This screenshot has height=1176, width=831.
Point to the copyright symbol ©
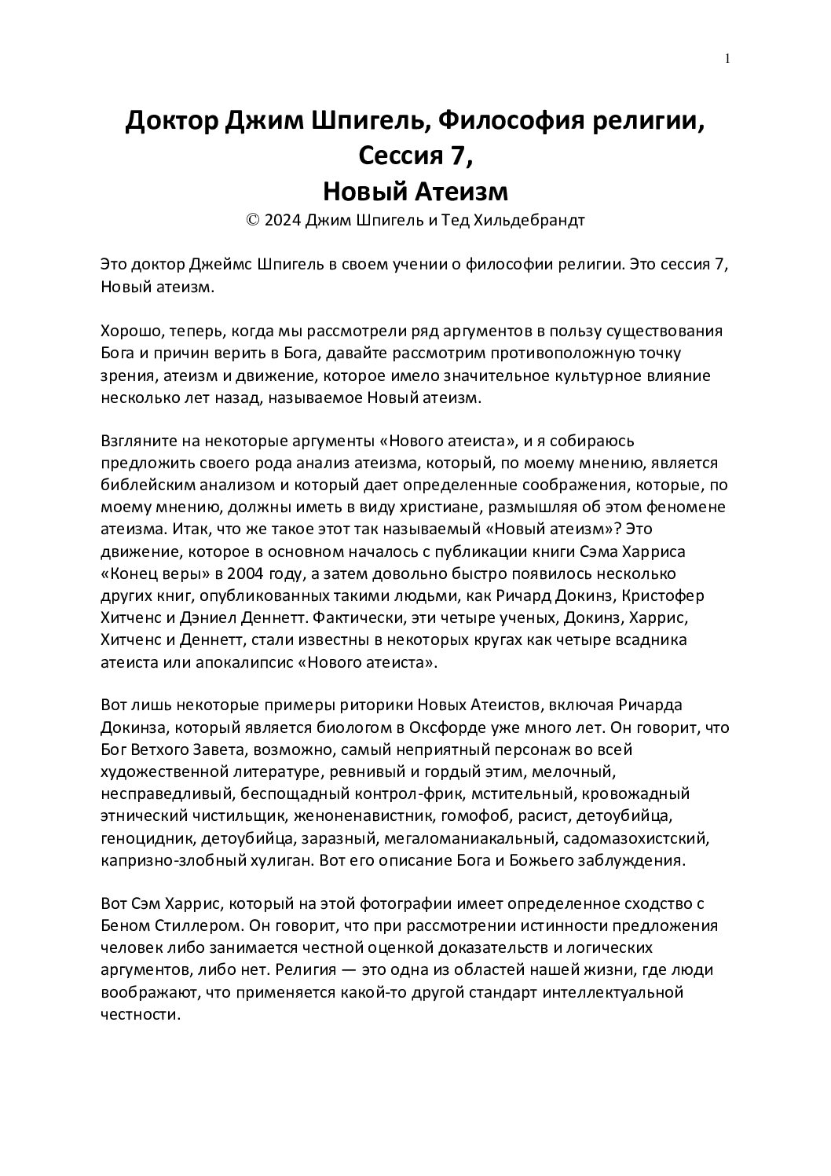click(253, 221)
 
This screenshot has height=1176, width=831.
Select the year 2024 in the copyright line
click(282, 221)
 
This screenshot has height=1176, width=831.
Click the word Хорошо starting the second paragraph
click(129, 331)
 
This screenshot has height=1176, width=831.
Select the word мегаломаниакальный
click(455, 837)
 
